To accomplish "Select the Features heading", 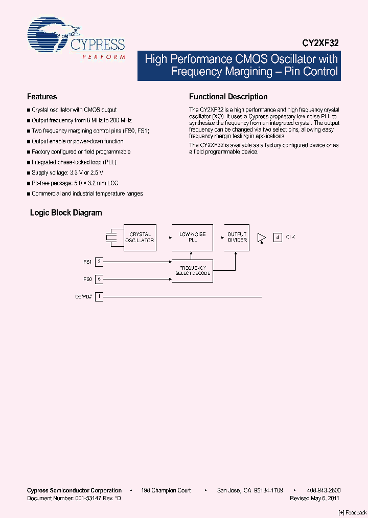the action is [42, 97].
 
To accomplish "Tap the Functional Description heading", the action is [228, 97].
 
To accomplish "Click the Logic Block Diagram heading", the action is [66, 213].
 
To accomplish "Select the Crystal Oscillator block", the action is [140, 238].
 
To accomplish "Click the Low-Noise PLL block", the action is [192, 238].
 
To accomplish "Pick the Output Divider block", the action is [237, 238].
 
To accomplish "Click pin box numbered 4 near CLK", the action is [278, 238].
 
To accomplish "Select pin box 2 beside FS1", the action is [99, 262].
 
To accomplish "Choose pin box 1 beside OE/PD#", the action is [99, 297].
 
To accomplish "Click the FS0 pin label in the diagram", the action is [87, 279].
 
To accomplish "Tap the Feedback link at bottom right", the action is [353, 512].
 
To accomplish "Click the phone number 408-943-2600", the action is [325, 490].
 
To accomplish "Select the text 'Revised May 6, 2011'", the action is [314, 498].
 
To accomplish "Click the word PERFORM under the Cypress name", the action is [104, 57].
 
